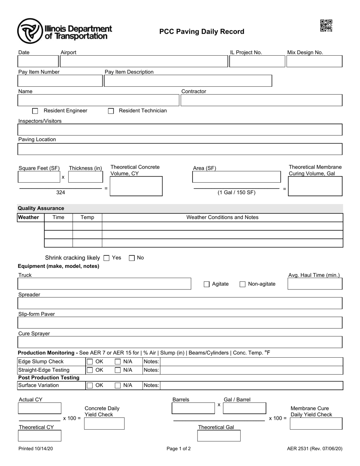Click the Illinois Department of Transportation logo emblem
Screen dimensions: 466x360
click(30, 31)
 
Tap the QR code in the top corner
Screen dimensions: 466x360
click(326, 25)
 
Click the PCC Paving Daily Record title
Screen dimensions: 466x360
click(202, 31)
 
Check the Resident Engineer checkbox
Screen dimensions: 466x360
click(35, 111)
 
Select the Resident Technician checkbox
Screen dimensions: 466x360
click(111, 111)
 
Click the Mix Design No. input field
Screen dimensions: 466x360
click(314, 61)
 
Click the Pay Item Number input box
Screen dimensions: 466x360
click(60, 81)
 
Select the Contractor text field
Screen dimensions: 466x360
click(261, 100)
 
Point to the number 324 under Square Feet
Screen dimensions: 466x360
click(61, 192)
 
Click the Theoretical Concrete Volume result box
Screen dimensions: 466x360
click(136, 186)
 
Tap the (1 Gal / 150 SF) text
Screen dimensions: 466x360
click(236, 192)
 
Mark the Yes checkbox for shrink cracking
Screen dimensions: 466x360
click(106, 258)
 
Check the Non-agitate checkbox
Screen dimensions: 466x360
click(243, 284)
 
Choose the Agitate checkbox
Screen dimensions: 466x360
click(207, 284)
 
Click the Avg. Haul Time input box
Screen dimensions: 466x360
click(315, 284)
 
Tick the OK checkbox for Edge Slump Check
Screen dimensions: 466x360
click(90, 362)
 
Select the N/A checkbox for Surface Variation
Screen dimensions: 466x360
click(118, 386)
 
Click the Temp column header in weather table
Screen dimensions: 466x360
click(88, 217)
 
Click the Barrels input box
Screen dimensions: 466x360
click(193, 408)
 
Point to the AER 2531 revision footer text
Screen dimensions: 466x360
click(315, 449)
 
